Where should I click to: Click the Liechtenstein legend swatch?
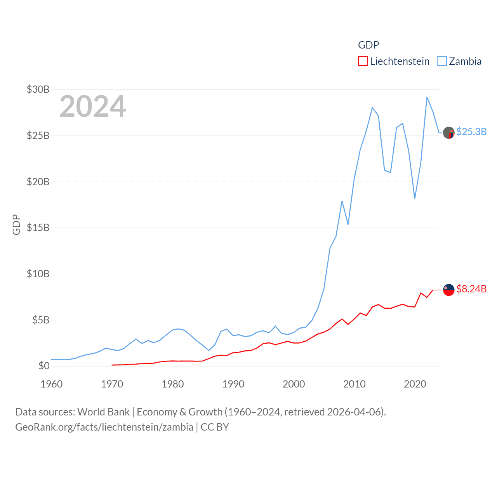coord(363,61)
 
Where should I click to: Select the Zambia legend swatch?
coord(442,61)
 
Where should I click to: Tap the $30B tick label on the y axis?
coord(38,90)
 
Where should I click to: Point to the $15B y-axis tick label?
coord(38,228)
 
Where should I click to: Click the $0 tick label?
coord(44,366)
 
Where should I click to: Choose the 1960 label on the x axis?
coord(52,384)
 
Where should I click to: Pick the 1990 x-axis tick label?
coord(233,384)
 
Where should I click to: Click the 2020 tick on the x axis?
coord(415,384)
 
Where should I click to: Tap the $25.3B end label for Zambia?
coord(471,132)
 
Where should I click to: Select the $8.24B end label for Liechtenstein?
coord(471,289)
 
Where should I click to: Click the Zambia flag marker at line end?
coord(449,133)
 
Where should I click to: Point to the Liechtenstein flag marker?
coord(449,290)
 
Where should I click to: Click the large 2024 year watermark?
coord(92,106)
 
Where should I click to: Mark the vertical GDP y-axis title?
coord(16,224)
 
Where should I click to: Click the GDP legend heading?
coord(368,45)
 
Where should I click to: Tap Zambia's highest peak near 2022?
coord(427,97)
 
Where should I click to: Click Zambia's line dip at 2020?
coord(415,198)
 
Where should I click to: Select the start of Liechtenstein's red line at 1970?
coord(112,365)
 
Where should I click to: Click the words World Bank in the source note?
coord(103,412)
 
